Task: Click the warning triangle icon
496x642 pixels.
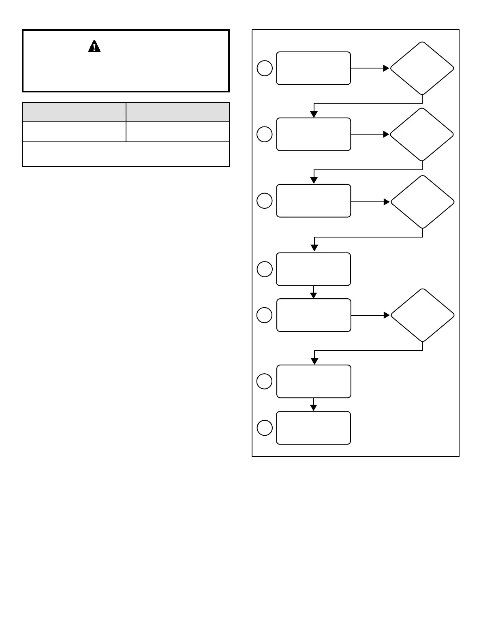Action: pos(94,47)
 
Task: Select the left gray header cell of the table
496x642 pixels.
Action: pos(74,112)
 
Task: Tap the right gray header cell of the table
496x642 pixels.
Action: pos(177,112)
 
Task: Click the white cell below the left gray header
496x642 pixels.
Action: pos(74,131)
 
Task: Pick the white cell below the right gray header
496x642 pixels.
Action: pos(177,131)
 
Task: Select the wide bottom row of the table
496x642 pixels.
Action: pos(126,154)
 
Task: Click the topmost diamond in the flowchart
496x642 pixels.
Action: pos(422,68)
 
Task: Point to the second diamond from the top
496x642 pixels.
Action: pos(422,134)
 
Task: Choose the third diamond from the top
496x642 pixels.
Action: pos(422,202)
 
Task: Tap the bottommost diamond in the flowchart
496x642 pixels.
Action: pos(422,315)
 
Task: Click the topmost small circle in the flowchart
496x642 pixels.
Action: pos(265,68)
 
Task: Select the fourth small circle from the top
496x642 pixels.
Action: pos(265,269)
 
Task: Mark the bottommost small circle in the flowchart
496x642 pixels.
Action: pos(265,428)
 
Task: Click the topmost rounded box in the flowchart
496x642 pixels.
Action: pos(313,68)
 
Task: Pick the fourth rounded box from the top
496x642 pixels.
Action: pos(313,269)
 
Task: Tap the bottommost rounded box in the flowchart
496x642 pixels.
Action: pos(313,428)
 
